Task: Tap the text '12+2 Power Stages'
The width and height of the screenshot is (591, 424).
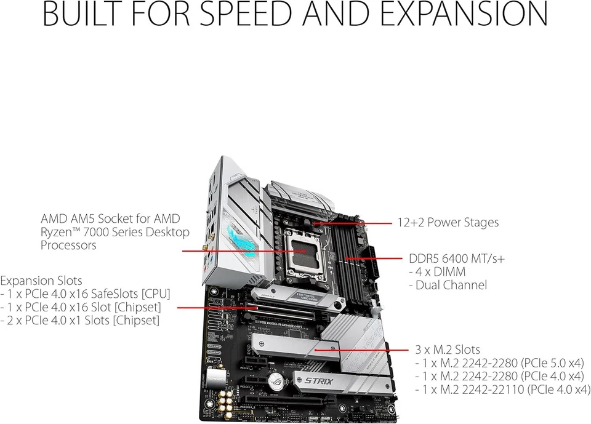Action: [x=448, y=222]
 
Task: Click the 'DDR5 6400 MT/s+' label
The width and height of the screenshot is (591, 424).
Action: [x=457, y=258]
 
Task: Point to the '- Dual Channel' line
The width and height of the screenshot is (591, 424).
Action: [x=448, y=285]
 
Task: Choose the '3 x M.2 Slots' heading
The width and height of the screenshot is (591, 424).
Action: [x=448, y=350]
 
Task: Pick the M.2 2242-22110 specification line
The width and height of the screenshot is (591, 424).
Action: [x=502, y=390]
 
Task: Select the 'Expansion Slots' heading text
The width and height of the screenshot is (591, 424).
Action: [x=41, y=281]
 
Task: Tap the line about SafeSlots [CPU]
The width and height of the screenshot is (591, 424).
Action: [x=86, y=294]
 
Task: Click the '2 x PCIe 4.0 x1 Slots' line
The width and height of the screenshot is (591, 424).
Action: [x=80, y=320]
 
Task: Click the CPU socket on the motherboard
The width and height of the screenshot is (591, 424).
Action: [x=307, y=251]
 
